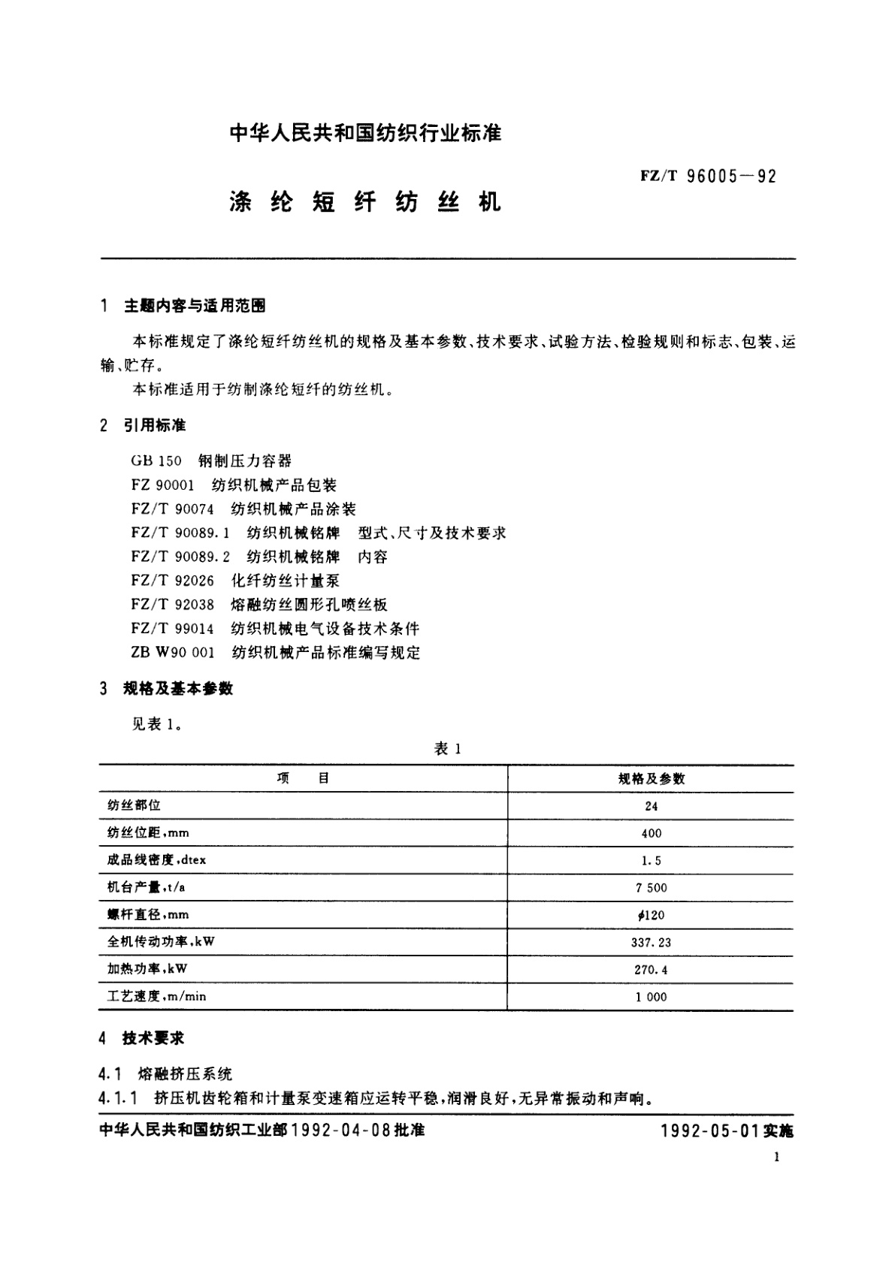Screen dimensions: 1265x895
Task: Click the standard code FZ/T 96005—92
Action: coord(709,177)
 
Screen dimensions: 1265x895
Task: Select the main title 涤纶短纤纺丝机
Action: coord(364,203)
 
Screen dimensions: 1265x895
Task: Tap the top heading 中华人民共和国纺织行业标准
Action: coord(364,134)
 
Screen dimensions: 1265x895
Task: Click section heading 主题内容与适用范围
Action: coord(194,306)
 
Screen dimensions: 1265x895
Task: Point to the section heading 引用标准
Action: coord(154,426)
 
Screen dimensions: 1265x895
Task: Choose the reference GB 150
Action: coord(156,461)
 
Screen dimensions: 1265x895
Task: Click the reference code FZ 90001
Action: coord(162,485)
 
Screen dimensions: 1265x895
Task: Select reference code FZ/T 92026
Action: coord(172,581)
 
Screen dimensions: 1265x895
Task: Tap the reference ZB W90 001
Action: coord(173,653)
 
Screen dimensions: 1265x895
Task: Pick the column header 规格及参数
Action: coord(651,779)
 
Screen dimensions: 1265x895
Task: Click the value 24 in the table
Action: coord(651,806)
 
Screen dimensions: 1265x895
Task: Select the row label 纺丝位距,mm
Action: coord(148,833)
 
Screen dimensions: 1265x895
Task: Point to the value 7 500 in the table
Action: coord(651,888)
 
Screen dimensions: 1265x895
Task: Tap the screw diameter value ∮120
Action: coord(651,915)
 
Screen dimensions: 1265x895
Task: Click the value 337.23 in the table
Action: coord(651,942)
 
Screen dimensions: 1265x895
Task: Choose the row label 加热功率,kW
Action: coord(147,969)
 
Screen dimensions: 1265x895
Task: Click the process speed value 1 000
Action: coord(651,997)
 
